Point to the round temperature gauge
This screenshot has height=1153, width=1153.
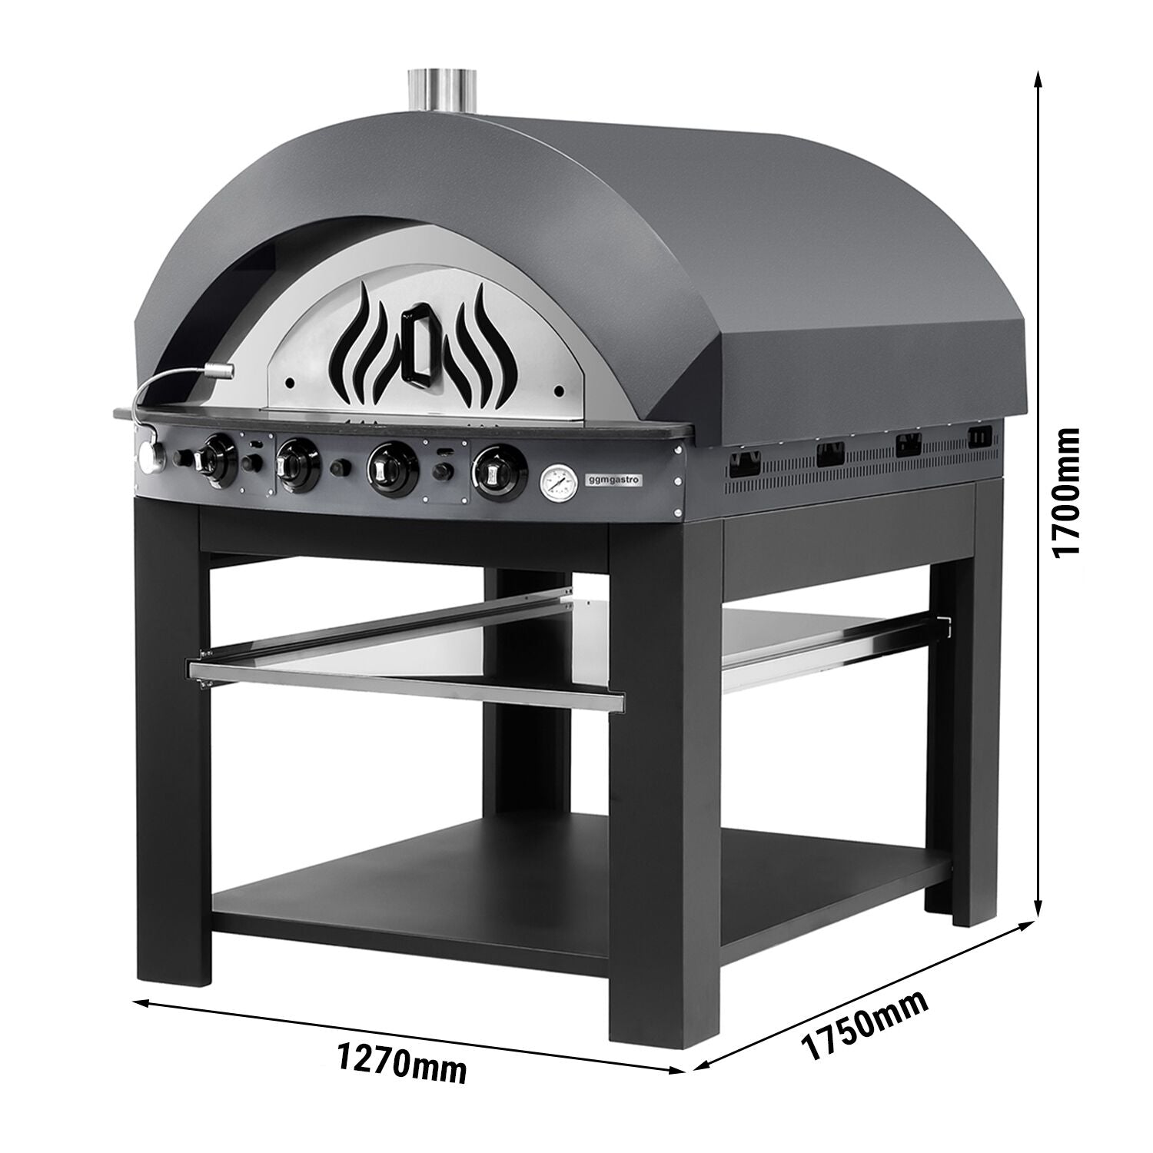557,482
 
